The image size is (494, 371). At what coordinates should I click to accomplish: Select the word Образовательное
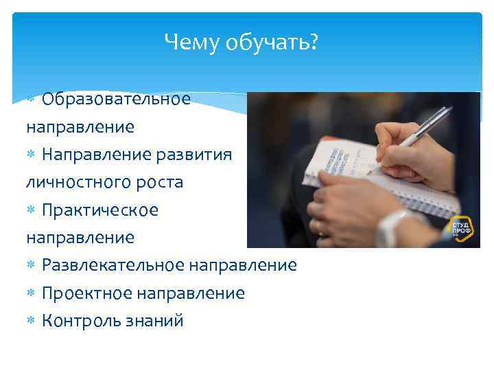115,99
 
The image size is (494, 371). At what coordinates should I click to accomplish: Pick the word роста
161,182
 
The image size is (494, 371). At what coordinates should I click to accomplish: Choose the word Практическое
100,210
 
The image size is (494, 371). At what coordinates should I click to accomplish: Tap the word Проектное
86,293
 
